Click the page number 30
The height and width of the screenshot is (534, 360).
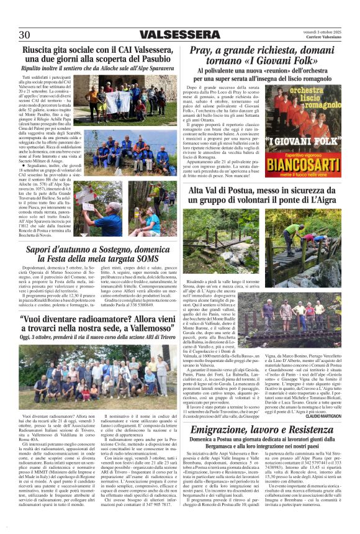25,34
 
